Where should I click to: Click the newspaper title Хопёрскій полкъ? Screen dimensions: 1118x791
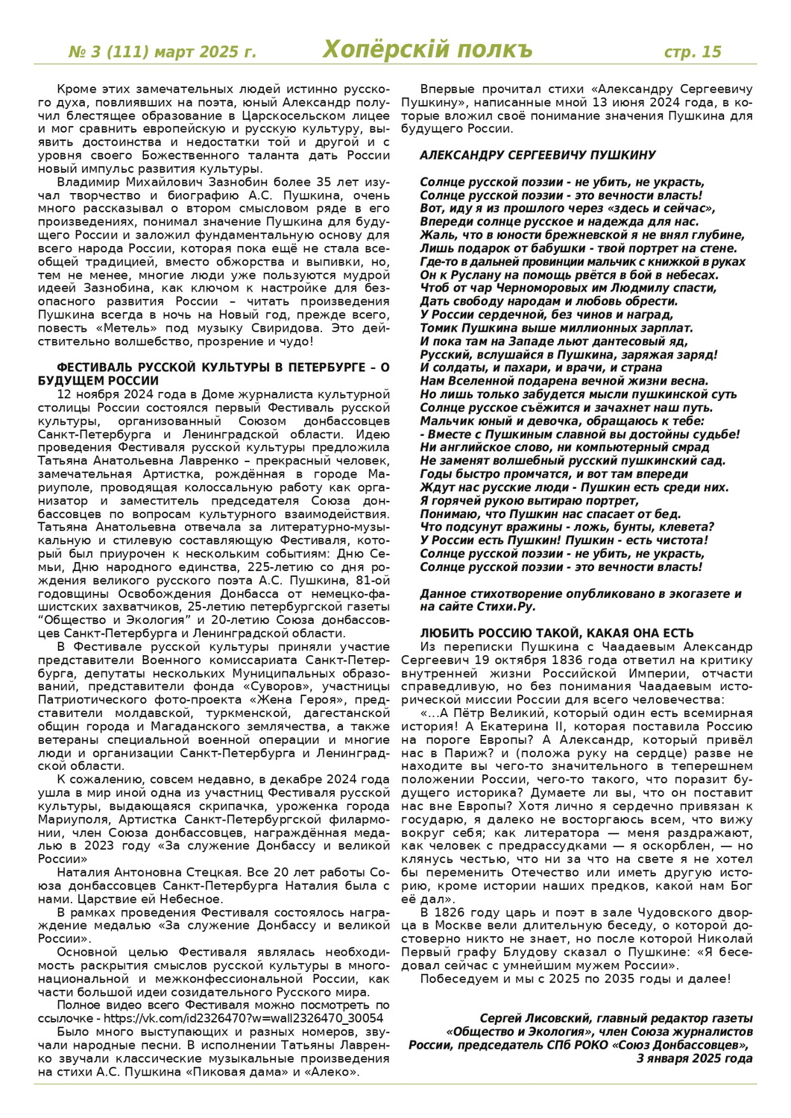click(428, 50)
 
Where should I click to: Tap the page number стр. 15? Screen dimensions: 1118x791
click(693, 51)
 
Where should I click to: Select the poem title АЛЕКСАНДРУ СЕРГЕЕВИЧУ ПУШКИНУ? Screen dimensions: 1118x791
click(538, 155)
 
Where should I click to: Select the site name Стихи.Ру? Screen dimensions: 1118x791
click(509, 607)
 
